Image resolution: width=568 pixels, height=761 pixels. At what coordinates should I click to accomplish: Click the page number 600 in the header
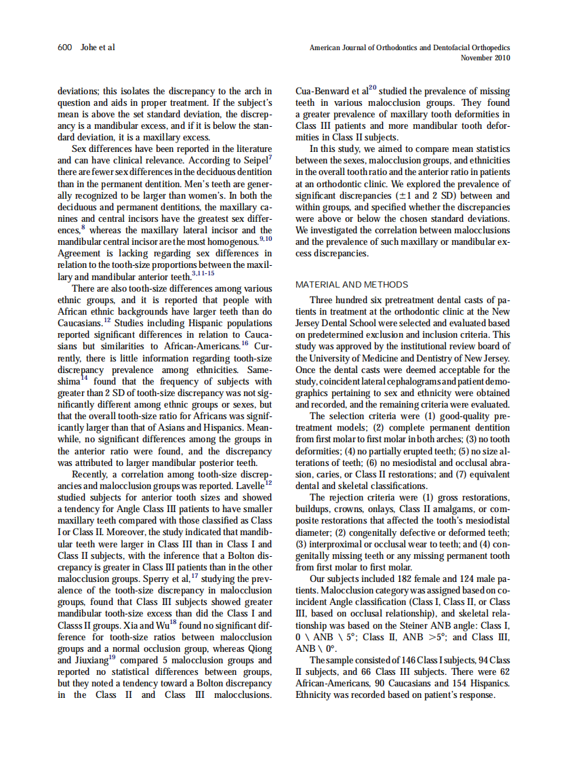pos(65,47)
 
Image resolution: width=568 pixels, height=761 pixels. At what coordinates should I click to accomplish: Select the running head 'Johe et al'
pos(98,47)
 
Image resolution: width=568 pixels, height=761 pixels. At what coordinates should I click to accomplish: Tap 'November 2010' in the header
pos(485,58)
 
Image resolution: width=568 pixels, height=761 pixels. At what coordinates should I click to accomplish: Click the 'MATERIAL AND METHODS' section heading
pos(352,285)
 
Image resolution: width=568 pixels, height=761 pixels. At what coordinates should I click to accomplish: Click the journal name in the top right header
pos(409,47)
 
